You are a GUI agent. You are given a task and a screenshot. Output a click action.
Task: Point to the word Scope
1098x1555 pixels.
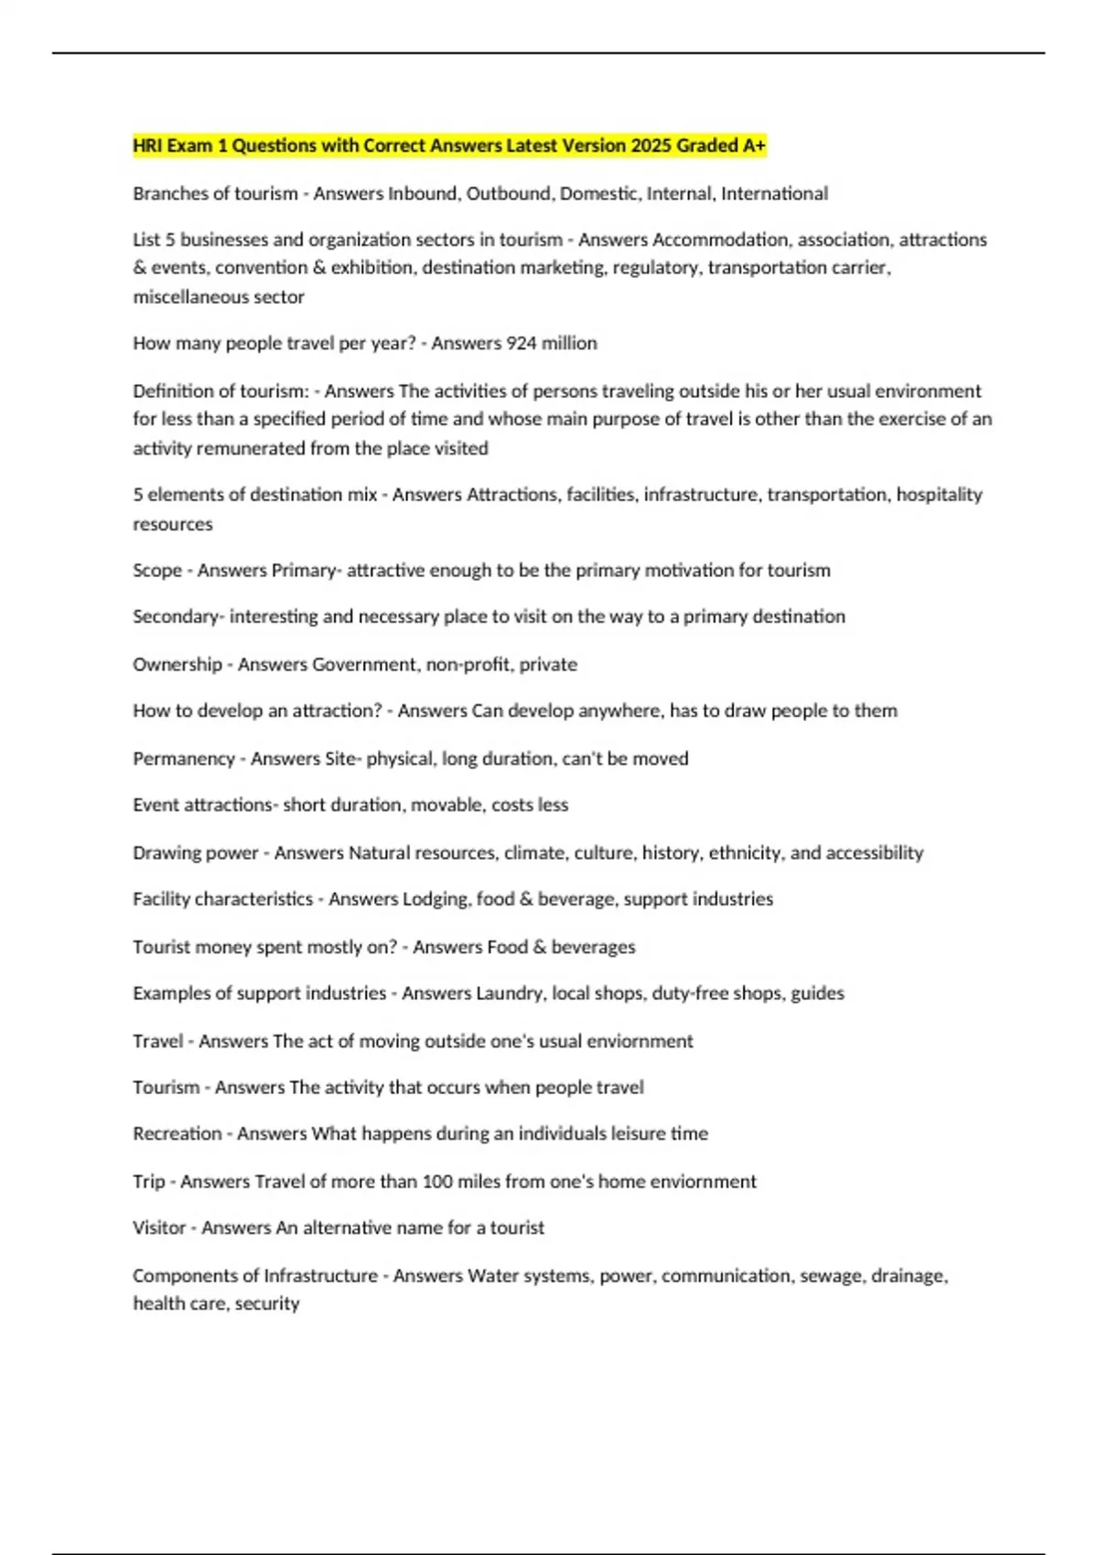tap(157, 571)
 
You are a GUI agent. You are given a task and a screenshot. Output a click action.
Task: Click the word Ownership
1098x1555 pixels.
tap(178, 665)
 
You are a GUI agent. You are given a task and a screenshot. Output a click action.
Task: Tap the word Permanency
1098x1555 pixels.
tap(184, 759)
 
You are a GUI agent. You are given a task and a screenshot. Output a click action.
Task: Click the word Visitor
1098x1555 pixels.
tap(159, 1228)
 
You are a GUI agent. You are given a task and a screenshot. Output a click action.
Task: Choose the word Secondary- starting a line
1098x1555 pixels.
tap(178, 617)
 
